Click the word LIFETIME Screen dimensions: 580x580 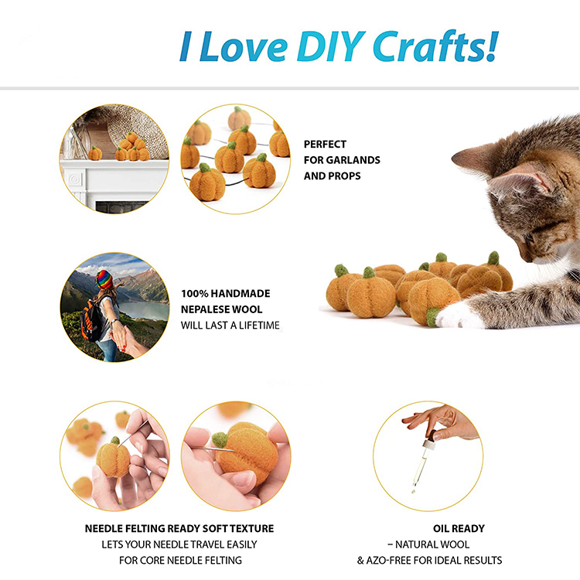[253, 326]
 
